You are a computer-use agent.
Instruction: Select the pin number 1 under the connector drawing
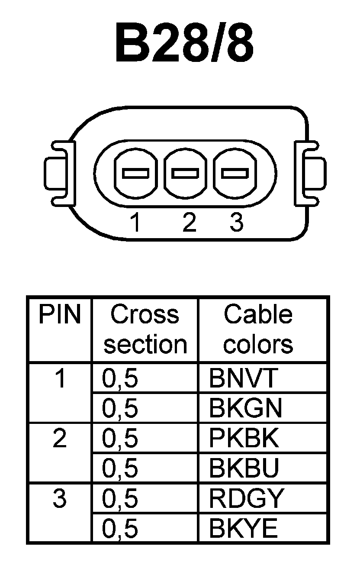tap(136, 223)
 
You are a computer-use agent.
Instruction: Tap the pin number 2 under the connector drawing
tap(189, 223)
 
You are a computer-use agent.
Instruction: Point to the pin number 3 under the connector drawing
tap(236, 223)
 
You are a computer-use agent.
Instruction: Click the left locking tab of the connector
tap(55, 173)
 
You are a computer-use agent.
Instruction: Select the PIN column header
tap(60, 315)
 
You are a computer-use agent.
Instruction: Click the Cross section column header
tap(145, 329)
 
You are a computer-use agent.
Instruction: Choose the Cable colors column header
tap(258, 329)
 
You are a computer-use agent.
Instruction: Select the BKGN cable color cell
tap(245, 408)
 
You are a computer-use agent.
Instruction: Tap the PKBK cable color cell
tap(244, 439)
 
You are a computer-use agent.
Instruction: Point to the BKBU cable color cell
tap(244, 468)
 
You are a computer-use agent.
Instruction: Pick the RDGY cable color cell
tap(245, 499)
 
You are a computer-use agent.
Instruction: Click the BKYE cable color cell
tap(243, 529)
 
